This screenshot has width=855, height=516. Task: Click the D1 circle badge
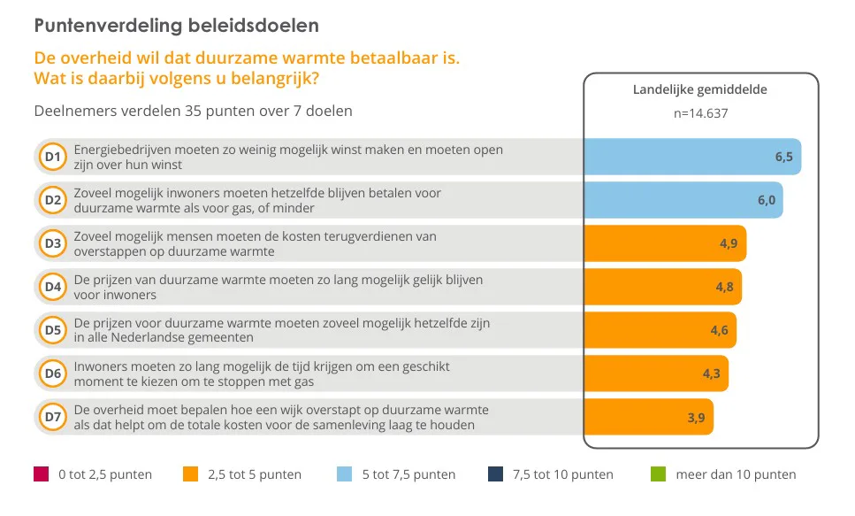click(52, 158)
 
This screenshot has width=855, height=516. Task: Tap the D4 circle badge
click(52, 287)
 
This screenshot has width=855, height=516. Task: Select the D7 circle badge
click(52, 417)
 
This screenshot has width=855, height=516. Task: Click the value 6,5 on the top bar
click(784, 157)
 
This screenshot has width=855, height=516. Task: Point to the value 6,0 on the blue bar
click(767, 200)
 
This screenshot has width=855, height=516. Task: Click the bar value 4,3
click(712, 374)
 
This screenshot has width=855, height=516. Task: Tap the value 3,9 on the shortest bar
click(697, 417)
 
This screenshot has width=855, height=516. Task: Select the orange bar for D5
click(659, 330)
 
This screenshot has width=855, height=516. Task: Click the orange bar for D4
click(661, 287)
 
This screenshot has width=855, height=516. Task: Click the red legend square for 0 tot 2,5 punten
click(41, 474)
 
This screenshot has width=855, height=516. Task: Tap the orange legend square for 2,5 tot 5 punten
click(190, 474)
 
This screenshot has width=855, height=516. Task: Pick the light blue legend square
click(346, 474)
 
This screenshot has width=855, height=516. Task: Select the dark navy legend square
click(495, 474)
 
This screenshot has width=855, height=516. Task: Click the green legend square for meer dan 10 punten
click(658, 474)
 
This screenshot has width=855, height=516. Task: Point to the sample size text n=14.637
click(700, 112)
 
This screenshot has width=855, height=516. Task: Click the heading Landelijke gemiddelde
click(700, 89)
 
